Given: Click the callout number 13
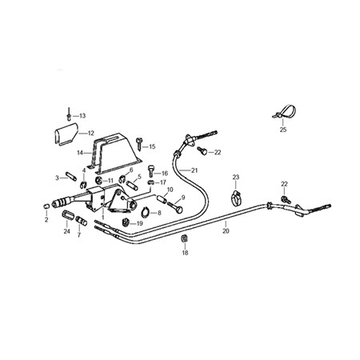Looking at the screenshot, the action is (x=82, y=116).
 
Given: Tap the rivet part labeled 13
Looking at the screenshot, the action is (x=69, y=114).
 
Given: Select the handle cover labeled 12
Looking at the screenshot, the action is (x=66, y=134).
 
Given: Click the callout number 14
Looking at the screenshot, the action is (x=80, y=153).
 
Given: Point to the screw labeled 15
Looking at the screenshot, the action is (x=139, y=143).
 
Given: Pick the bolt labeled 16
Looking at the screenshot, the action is (x=151, y=170).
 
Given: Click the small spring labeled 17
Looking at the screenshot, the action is (x=151, y=182).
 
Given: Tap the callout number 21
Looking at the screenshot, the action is (x=194, y=170).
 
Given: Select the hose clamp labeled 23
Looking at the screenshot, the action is (x=236, y=198).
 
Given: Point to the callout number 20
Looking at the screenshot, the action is (x=226, y=230).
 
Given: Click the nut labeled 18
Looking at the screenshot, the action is (x=184, y=238).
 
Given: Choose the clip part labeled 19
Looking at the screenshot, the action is (x=126, y=222).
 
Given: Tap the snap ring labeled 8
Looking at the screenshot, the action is (x=146, y=212).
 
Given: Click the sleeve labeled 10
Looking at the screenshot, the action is (x=162, y=199).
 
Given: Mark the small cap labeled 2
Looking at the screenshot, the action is (x=46, y=206).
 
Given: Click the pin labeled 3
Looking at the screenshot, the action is (x=71, y=177).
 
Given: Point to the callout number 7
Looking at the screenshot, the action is (x=79, y=235).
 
